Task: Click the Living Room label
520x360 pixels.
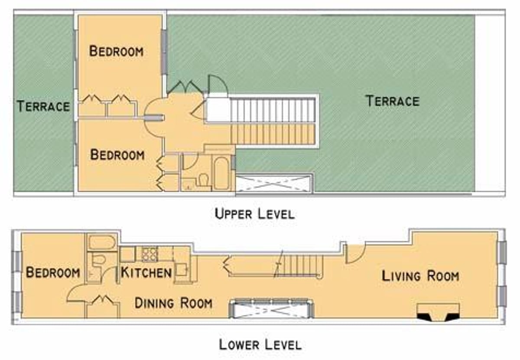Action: (420, 276)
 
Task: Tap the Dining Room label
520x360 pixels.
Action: (173, 303)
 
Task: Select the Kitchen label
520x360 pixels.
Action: (146, 272)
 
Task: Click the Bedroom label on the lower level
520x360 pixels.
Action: (53, 272)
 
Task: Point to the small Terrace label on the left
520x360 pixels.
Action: (43, 106)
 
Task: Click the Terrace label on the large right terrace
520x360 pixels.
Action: (393, 101)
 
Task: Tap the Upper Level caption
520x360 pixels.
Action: (254, 214)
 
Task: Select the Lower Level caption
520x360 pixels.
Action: (260, 345)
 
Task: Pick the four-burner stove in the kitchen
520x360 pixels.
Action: (149, 254)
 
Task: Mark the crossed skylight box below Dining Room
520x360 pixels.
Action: (271, 308)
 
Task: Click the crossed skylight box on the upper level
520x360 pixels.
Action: (274, 183)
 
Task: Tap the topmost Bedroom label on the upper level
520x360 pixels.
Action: (116, 51)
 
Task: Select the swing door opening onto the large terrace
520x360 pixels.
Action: (218, 85)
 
